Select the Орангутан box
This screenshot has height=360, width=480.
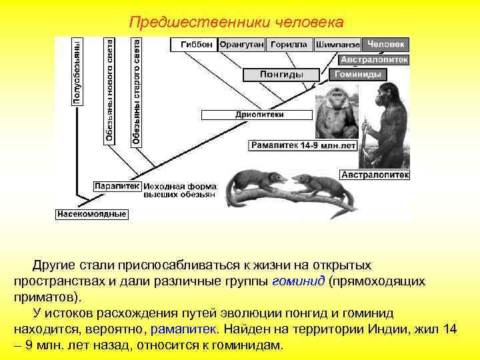pyautogui.click(x=241, y=44)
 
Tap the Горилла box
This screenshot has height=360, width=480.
pyautogui.click(x=289, y=44)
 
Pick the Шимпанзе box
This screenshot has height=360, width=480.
pyautogui.click(x=337, y=45)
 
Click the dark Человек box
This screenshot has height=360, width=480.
pyautogui.click(x=385, y=44)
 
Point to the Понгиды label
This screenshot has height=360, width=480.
pyautogui.click(x=281, y=75)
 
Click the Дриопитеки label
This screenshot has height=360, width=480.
pyautogui.click(x=259, y=114)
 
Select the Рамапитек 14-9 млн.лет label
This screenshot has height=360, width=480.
pyautogui.click(x=303, y=145)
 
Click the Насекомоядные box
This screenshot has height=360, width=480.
pyautogui.click(x=91, y=214)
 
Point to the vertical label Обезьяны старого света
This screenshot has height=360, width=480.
pyautogui.click(x=136, y=91)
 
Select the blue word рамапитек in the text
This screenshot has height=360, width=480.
pyautogui.click(x=183, y=329)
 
